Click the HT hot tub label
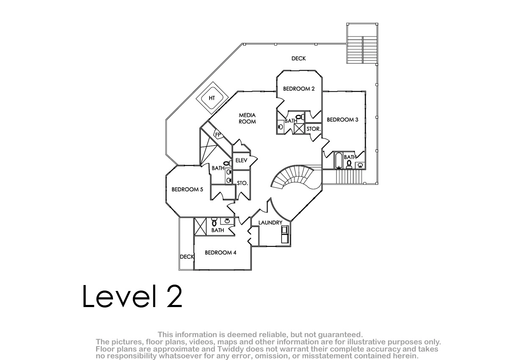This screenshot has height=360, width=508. (x=212, y=98)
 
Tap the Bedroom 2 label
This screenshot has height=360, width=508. (x=299, y=89)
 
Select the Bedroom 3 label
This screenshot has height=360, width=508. (x=342, y=119)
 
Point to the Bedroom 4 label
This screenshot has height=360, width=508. (x=221, y=252)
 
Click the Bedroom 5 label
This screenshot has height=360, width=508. (x=187, y=189)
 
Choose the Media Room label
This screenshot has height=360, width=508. (x=247, y=119)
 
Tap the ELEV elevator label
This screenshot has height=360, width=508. (x=241, y=161)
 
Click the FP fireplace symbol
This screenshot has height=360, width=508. (x=218, y=134)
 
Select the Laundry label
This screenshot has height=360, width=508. (x=271, y=222)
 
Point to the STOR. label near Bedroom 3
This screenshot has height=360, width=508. (x=313, y=129)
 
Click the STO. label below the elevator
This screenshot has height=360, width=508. (x=243, y=183)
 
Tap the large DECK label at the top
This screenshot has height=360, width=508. (x=298, y=58)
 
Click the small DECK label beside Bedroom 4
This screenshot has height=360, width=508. (x=187, y=257)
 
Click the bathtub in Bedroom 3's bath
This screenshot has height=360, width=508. (x=338, y=161)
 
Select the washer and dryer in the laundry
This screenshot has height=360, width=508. (x=284, y=234)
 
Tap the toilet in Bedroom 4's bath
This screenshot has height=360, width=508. (x=214, y=222)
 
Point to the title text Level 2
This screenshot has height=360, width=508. (x=133, y=296)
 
